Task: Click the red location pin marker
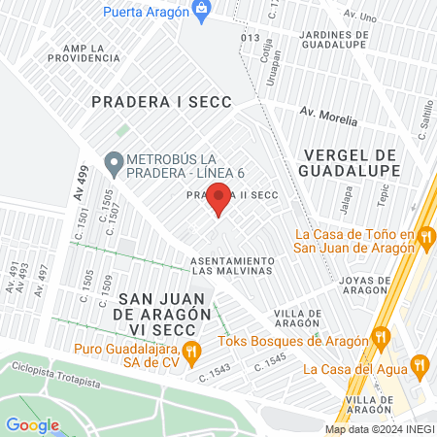[x=219, y=199]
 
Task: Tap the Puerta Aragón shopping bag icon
[x=202, y=12]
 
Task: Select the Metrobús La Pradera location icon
[x=115, y=162]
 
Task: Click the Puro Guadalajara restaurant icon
[x=192, y=350]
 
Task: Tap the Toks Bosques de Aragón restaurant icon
[x=382, y=339]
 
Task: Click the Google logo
[x=32, y=424]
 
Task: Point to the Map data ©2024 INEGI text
[x=379, y=429]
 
